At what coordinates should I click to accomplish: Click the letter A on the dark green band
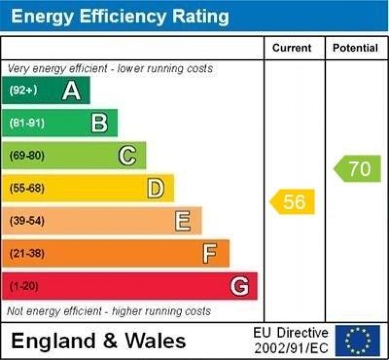tap(71, 91)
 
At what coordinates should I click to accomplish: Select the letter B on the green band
tap(99, 123)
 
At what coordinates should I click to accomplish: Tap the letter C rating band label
tap(127, 156)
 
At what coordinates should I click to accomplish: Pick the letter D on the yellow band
tap(155, 188)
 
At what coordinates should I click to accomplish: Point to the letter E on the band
tap(183, 221)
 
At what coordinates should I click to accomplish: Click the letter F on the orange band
tap(210, 253)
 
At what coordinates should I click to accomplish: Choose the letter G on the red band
tap(239, 286)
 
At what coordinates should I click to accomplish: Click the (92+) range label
tap(23, 91)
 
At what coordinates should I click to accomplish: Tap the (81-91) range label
tap(27, 123)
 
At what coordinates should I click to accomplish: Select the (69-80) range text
tap(27, 156)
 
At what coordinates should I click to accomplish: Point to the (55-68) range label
tap(27, 188)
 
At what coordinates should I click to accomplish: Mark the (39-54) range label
tap(27, 221)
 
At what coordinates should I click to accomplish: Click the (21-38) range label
tap(27, 253)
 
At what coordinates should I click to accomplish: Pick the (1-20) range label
tap(24, 286)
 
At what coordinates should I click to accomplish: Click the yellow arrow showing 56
tap(292, 202)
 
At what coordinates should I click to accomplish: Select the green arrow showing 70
tap(358, 169)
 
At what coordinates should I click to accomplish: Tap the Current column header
tap(292, 48)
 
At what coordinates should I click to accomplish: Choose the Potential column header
tap(355, 48)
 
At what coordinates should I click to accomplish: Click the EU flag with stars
tap(357, 340)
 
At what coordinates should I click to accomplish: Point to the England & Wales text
tap(98, 341)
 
